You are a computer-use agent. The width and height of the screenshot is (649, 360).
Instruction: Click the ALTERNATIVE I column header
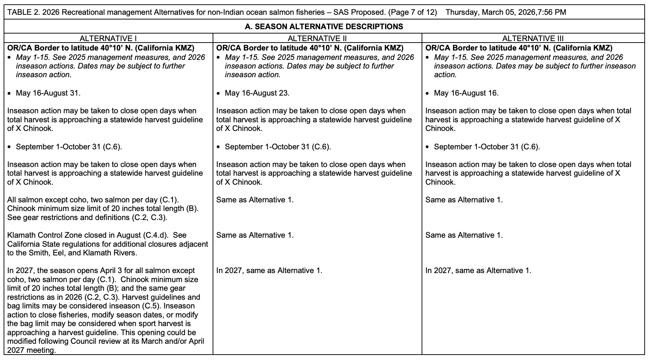[108, 38]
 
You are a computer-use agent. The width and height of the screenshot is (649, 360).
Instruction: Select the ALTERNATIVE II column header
[317, 38]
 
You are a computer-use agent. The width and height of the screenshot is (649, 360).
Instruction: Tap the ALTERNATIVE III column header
[533, 38]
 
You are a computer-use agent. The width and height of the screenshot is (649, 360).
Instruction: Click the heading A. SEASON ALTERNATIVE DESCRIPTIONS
[324, 26]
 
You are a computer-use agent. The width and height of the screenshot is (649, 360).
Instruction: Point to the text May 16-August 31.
[48, 93]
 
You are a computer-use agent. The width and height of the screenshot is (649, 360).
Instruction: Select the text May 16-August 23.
[257, 93]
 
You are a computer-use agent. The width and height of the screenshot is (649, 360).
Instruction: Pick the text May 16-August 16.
[466, 93]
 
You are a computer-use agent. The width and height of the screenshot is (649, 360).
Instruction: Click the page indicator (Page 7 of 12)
[413, 12]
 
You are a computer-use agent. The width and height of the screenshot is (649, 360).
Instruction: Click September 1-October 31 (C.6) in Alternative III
[487, 147]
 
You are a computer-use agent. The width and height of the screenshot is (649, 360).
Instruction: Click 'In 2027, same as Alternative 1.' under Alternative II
[269, 271]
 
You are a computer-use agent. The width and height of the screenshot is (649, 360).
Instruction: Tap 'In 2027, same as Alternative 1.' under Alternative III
[478, 271]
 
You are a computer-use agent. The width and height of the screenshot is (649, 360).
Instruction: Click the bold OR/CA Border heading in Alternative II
[310, 48]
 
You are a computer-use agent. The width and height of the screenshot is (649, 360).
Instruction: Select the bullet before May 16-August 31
[9, 93]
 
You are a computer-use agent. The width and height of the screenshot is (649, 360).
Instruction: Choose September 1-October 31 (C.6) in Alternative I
[69, 147]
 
